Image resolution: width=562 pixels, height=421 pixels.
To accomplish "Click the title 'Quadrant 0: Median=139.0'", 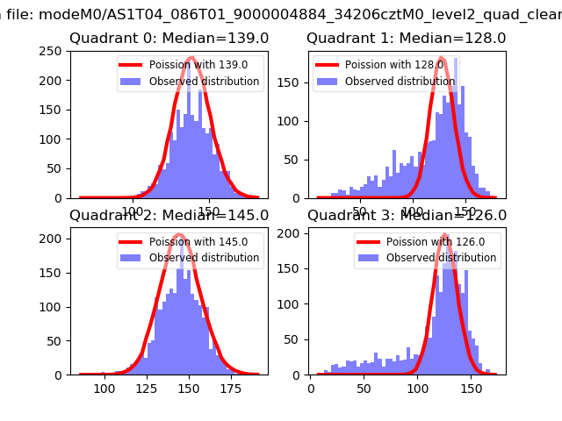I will coord(169,39).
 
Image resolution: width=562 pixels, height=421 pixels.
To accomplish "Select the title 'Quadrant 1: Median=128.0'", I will coord(406,39).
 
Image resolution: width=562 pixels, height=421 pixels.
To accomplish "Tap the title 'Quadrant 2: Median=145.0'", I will coord(169,216).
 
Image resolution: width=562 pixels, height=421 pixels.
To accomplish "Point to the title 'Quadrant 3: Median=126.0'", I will coord(406,216).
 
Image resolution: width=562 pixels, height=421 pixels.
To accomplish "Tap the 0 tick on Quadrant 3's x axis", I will coord(311,389).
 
